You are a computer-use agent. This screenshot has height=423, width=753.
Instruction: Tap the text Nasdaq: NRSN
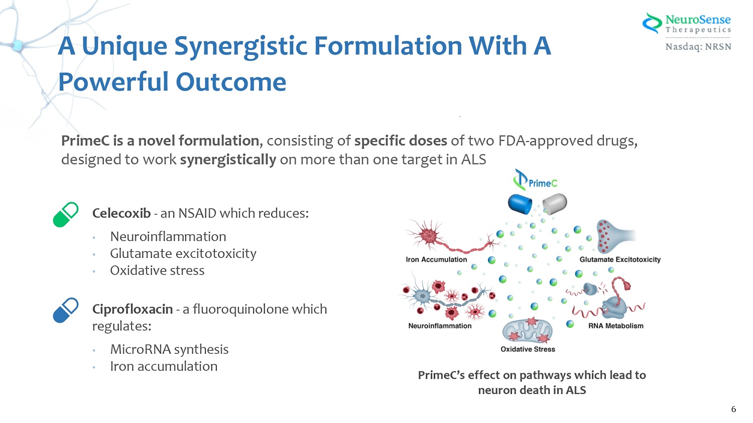click(698, 47)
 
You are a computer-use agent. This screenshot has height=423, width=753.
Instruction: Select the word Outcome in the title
click(231, 82)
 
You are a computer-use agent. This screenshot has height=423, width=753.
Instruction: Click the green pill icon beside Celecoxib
click(66, 214)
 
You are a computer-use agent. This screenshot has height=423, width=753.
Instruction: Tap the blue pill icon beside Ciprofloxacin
click(66, 310)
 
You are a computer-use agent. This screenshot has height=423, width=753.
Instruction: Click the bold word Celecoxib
click(121, 213)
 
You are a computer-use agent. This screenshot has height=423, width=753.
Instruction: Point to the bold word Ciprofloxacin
click(133, 309)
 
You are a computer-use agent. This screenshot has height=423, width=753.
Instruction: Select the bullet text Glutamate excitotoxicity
click(183, 253)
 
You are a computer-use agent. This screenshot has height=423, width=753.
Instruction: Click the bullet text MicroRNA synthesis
click(169, 349)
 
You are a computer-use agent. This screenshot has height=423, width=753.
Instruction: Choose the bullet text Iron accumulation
click(164, 366)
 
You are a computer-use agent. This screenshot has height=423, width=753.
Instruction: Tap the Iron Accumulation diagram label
click(436, 259)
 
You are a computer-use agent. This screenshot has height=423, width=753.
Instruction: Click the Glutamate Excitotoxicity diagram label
click(620, 259)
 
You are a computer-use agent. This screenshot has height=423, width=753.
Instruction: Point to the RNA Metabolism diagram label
click(615, 326)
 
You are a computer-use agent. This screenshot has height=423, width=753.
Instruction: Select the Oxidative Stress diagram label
click(528, 349)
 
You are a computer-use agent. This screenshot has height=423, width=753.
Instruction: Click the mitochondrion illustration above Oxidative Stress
click(527, 330)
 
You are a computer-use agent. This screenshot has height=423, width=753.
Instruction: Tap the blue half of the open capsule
click(520, 203)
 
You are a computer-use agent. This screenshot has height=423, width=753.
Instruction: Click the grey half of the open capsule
click(555, 203)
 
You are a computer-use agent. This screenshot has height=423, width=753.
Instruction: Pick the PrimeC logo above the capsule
click(535, 180)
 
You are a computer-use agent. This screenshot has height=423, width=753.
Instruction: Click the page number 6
click(733, 409)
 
